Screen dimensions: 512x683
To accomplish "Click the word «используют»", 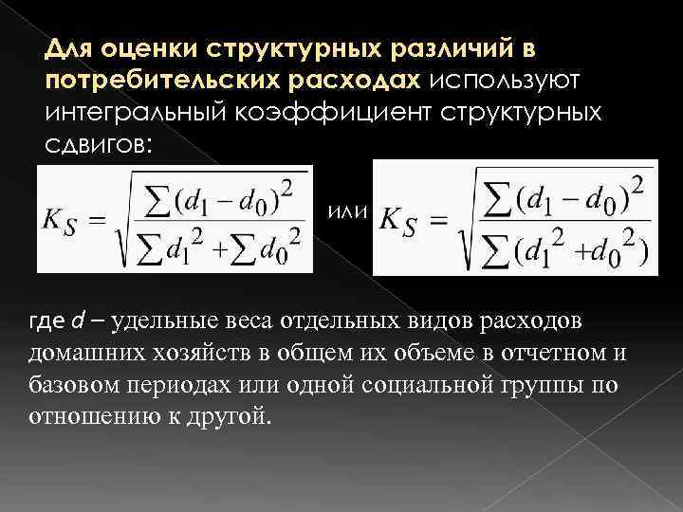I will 511,79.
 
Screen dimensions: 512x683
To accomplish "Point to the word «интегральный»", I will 143,112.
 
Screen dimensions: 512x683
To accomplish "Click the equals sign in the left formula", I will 100,219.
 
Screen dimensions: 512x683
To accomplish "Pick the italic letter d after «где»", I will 77,321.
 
